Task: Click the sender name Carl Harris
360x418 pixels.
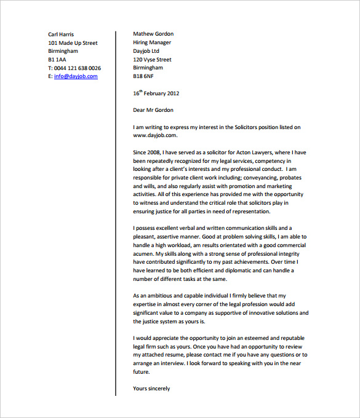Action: click(x=61, y=34)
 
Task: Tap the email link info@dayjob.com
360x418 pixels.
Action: click(x=76, y=76)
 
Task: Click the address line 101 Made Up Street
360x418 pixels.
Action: click(x=73, y=43)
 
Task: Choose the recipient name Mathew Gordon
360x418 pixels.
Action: click(x=153, y=34)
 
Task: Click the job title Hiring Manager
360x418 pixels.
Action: click(x=152, y=42)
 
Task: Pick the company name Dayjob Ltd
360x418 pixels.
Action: click(x=146, y=51)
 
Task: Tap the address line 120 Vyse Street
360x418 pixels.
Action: click(x=152, y=60)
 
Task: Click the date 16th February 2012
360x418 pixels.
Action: click(x=156, y=93)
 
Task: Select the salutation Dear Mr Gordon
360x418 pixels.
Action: click(x=153, y=111)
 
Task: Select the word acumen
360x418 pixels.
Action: click(x=143, y=253)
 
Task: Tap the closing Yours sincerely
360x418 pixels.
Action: click(x=151, y=388)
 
